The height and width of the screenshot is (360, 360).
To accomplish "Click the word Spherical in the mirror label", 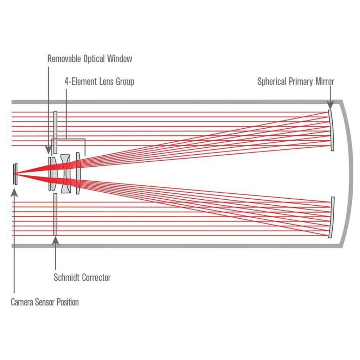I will tap(272, 82).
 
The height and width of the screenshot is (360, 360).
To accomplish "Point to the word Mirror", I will tap(323, 82).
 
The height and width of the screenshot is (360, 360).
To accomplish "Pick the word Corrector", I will tap(96, 277).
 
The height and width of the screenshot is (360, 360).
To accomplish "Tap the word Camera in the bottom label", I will tap(22, 302).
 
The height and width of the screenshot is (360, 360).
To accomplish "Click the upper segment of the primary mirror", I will tap(331, 130).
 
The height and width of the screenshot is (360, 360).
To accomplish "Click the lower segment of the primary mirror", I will tap(332, 217).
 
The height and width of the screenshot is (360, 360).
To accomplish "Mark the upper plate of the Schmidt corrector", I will tap(55, 132).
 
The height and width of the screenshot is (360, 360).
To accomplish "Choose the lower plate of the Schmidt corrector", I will tap(55, 214).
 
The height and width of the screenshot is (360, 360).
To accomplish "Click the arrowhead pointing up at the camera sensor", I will tap(14, 192).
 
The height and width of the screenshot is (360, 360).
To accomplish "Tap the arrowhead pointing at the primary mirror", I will tap(330, 105).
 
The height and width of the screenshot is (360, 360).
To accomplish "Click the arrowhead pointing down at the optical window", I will tap(49, 151).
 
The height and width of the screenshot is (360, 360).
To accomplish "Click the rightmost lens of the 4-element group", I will tap(78, 173).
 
